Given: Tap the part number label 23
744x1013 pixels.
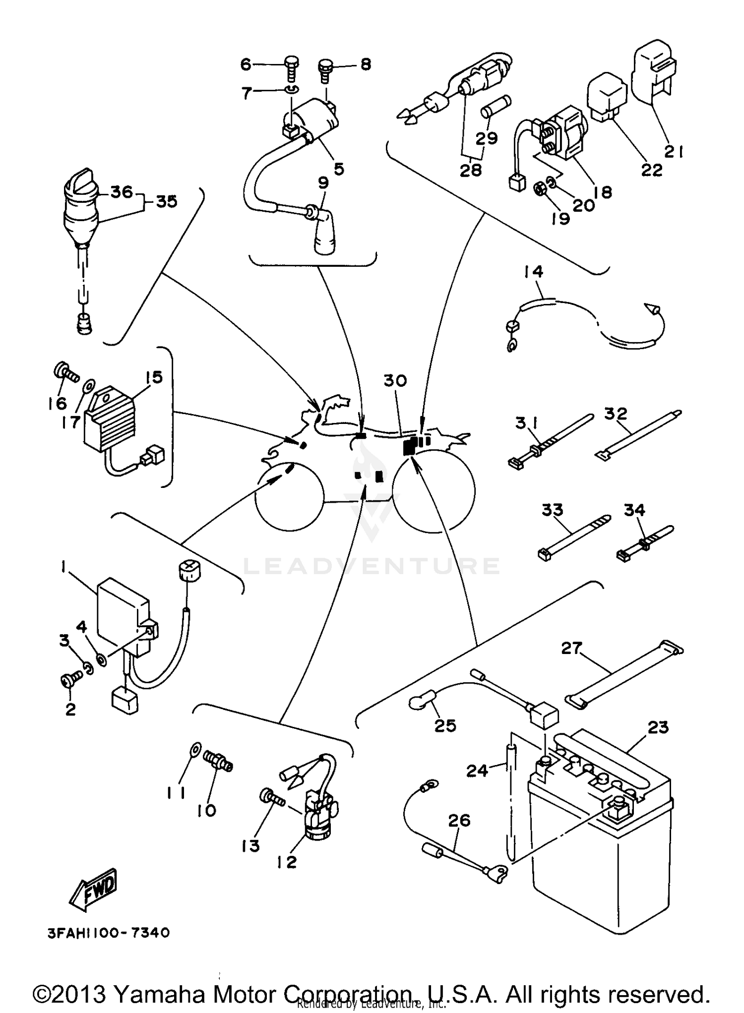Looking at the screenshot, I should tap(658, 727).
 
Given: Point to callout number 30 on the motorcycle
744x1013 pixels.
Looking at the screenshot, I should tap(395, 381).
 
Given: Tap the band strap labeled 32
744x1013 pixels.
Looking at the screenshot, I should tap(637, 433).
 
